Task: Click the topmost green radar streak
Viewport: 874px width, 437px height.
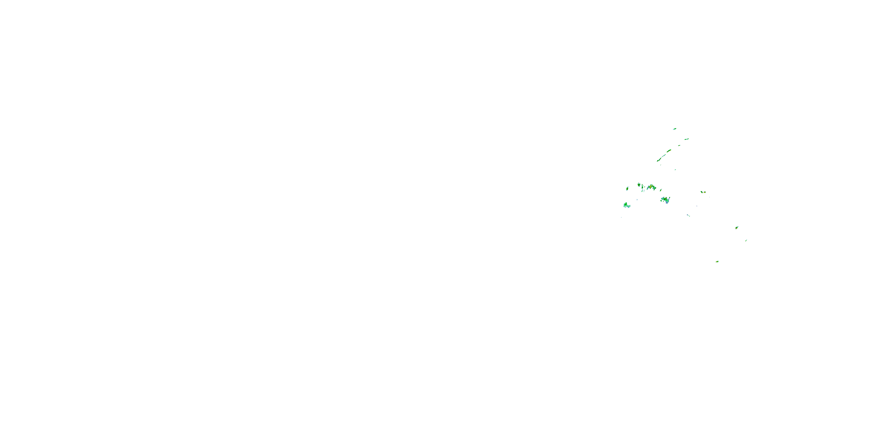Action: click(x=674, y=129)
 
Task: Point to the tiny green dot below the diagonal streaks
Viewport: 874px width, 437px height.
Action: click(x=675, y=170)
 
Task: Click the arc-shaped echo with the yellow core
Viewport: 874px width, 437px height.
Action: click(x=651, y=187)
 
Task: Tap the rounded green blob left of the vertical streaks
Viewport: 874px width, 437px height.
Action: click(x=639, y=185)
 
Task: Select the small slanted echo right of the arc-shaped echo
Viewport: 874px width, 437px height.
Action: click(x=661, y=190)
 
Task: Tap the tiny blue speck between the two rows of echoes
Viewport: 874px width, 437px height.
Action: click(x=637, y=200)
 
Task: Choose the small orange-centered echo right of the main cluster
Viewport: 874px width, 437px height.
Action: click(x=704, y=192)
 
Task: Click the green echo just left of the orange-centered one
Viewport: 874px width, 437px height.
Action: click(x=701, y=192)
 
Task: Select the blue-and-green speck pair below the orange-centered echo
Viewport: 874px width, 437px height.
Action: click(x=688, y=216)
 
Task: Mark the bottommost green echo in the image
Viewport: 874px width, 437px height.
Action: click(x=717, y=262)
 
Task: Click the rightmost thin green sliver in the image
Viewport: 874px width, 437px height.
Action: click(x=746, y=240)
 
